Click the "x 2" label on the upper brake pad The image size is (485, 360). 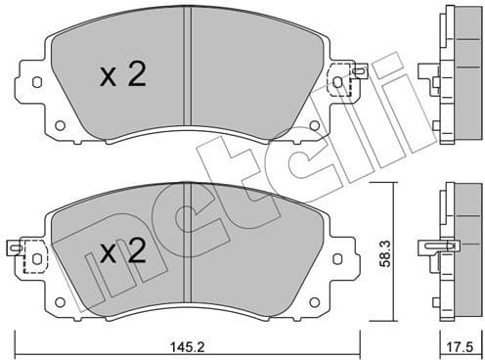(x=123, y=76)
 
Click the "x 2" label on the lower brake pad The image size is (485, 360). (x=123, y=253)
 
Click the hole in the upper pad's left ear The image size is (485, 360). (x=38, y=83)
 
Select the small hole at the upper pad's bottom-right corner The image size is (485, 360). (x=315, y=124)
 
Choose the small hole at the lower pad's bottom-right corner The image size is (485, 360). (x=315, y=301)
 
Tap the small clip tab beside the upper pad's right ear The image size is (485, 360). (x=361, y=70)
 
